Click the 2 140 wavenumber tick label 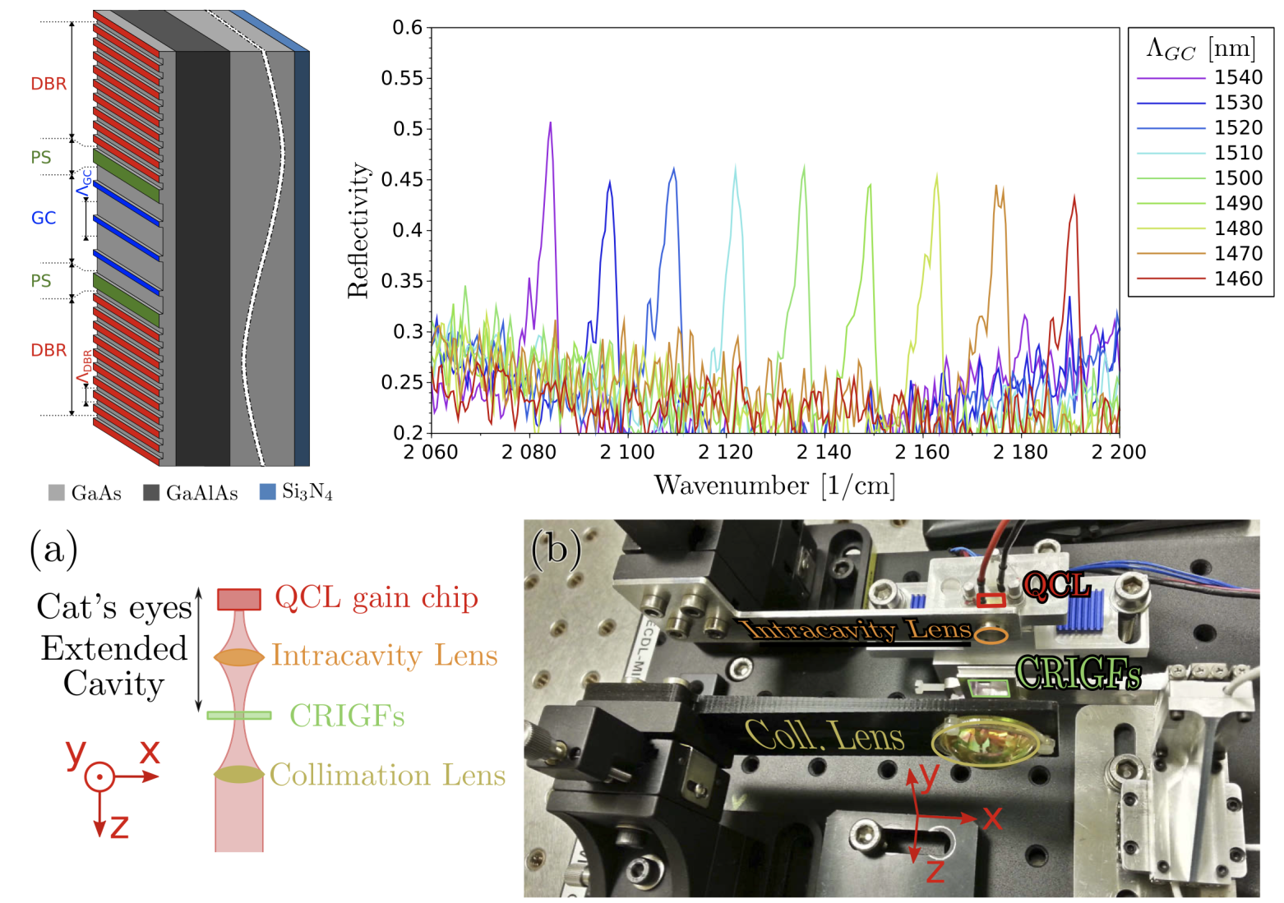pyautogui.click(x=824, y=452)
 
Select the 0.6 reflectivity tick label pyautogui.click(x=407, y=28)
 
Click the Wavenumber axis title pyautogui.click(x=774, y=486)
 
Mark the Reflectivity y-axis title pyautogui.click(x=358, y=230)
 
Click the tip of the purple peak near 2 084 pyautogui.click(x=550, y=123)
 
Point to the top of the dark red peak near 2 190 pyautogui.click(x=1074, y=196)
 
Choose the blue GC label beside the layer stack pyautogui.click(x=44, y=218)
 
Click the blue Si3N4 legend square pyautogui.click(x=267, y=491)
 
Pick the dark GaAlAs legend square pyautogui.click(x=150, y=492)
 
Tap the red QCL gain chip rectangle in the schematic pyautogui.click(x=239, y=599)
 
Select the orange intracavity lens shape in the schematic pyautogui.click(x=239, y=657)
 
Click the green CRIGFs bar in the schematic pyautogui.click(x=239, y=715)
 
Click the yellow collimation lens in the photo pyautogui.click(x=985, y=739)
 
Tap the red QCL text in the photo pyautogui.click(x=1055, y=586)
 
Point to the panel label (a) pyautogui.click(x=54, y=549)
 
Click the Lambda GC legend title pyautogui.click(x=1200, y=49)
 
